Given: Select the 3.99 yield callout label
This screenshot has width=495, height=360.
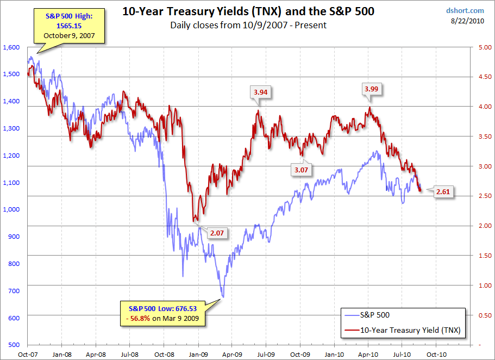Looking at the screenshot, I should click(x=372, y=88).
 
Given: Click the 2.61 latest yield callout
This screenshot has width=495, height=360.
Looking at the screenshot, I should click(x=444, y=192).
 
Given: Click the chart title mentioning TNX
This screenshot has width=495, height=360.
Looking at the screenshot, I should click(x=248, y=11).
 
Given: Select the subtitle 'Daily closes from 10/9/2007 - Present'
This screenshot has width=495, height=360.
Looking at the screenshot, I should click(x=248, y=25).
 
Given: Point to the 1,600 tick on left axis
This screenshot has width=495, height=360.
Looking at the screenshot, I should click(x=11, y=47).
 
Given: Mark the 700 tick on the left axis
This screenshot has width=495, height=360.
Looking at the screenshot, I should click(x=14, y=290).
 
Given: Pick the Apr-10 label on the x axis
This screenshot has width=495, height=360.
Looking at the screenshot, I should click(x=368, y=353).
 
